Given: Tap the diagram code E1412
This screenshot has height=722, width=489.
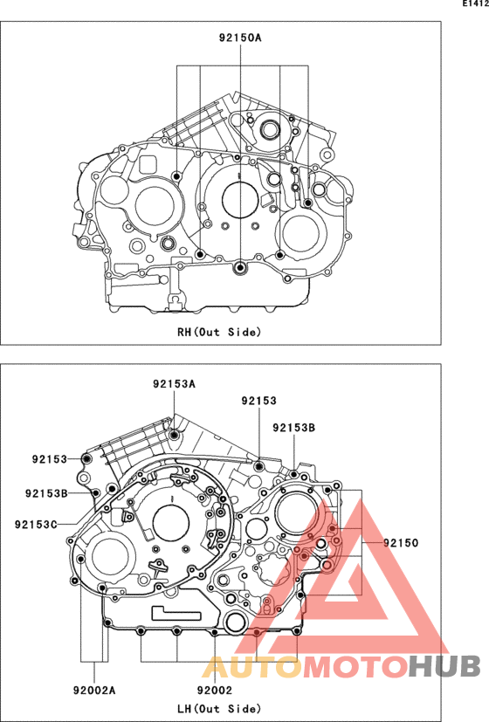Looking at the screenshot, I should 472,5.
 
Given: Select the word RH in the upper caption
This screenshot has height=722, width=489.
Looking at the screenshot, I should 184,332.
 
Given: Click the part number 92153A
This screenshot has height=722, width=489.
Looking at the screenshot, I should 174,384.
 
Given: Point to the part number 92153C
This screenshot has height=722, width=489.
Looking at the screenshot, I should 36,524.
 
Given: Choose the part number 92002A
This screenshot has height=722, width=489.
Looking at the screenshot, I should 94,690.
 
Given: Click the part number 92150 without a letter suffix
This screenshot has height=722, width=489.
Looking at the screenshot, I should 401,542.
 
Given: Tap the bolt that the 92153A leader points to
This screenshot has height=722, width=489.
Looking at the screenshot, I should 175,434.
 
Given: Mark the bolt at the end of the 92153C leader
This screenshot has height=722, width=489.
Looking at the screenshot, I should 105,506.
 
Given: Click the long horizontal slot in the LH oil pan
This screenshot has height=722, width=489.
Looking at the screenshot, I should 180,609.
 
